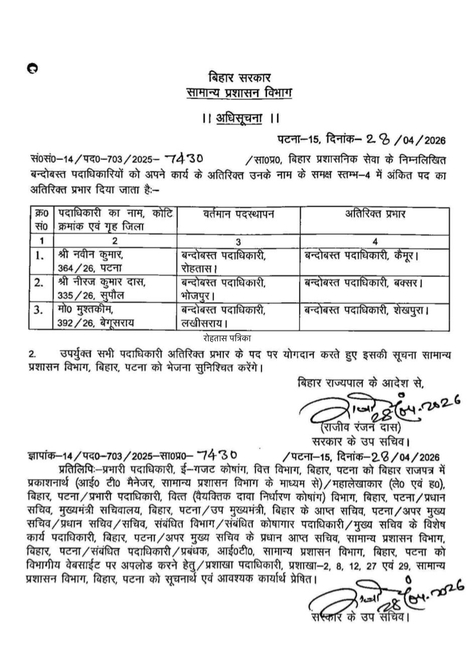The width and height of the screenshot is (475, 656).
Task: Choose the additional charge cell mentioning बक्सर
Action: click(364, 283)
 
